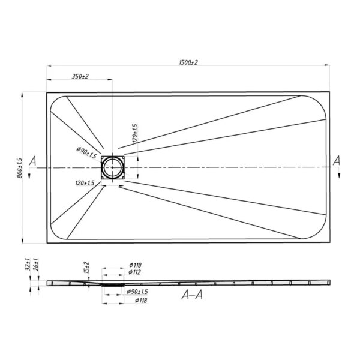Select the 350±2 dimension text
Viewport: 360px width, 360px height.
(80, 76)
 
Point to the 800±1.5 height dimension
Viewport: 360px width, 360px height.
(20, 168)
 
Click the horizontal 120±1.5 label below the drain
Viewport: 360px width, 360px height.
(85, 183)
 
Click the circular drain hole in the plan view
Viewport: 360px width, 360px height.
(112, 168)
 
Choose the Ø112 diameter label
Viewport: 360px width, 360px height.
(135, 272)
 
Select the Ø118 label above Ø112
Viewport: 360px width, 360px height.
(135, 265)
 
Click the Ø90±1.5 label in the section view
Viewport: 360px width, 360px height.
(137, 292)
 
